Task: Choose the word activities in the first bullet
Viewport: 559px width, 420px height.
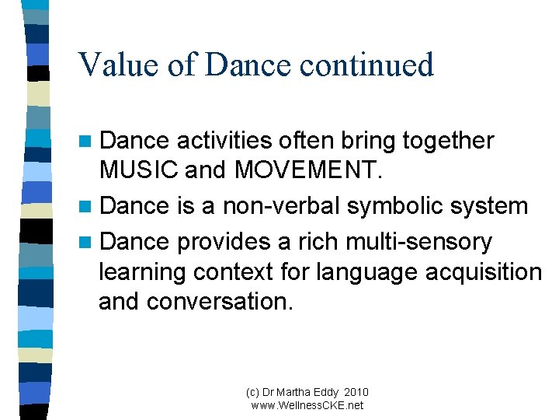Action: [224, 141]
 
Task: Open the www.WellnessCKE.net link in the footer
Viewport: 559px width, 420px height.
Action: [307, 405]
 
